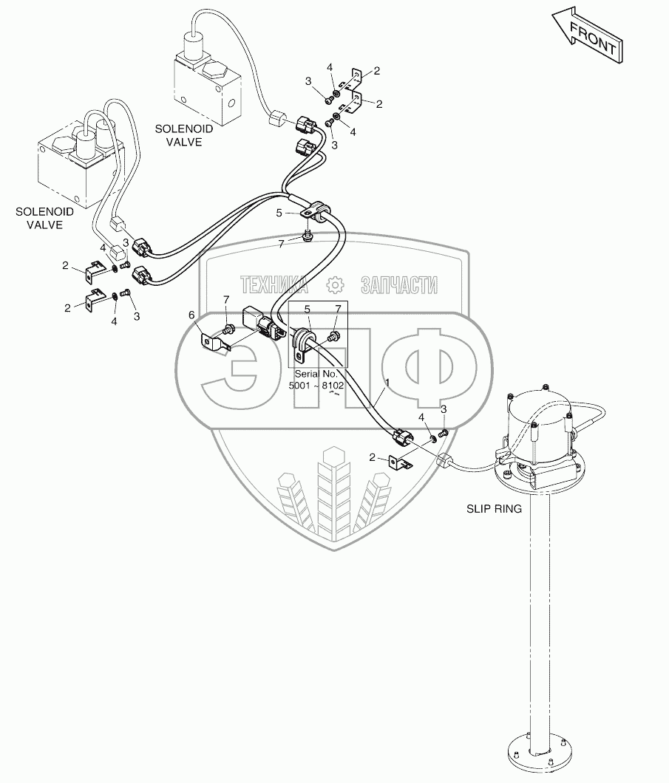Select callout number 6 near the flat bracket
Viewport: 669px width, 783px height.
(x=192, y=315)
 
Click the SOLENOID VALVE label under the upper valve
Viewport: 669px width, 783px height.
(x=183, y=135)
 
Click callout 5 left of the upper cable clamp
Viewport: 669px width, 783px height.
(x=279, y=213)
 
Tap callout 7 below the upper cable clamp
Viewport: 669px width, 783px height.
(x=282, y=243)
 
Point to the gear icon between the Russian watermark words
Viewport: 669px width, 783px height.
(x=335, y=284)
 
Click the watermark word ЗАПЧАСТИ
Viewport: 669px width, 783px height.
(x=399, y=284)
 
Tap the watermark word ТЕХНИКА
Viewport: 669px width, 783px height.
(x=274, y=284)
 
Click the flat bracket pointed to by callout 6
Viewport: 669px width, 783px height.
(x=215, y=343)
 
